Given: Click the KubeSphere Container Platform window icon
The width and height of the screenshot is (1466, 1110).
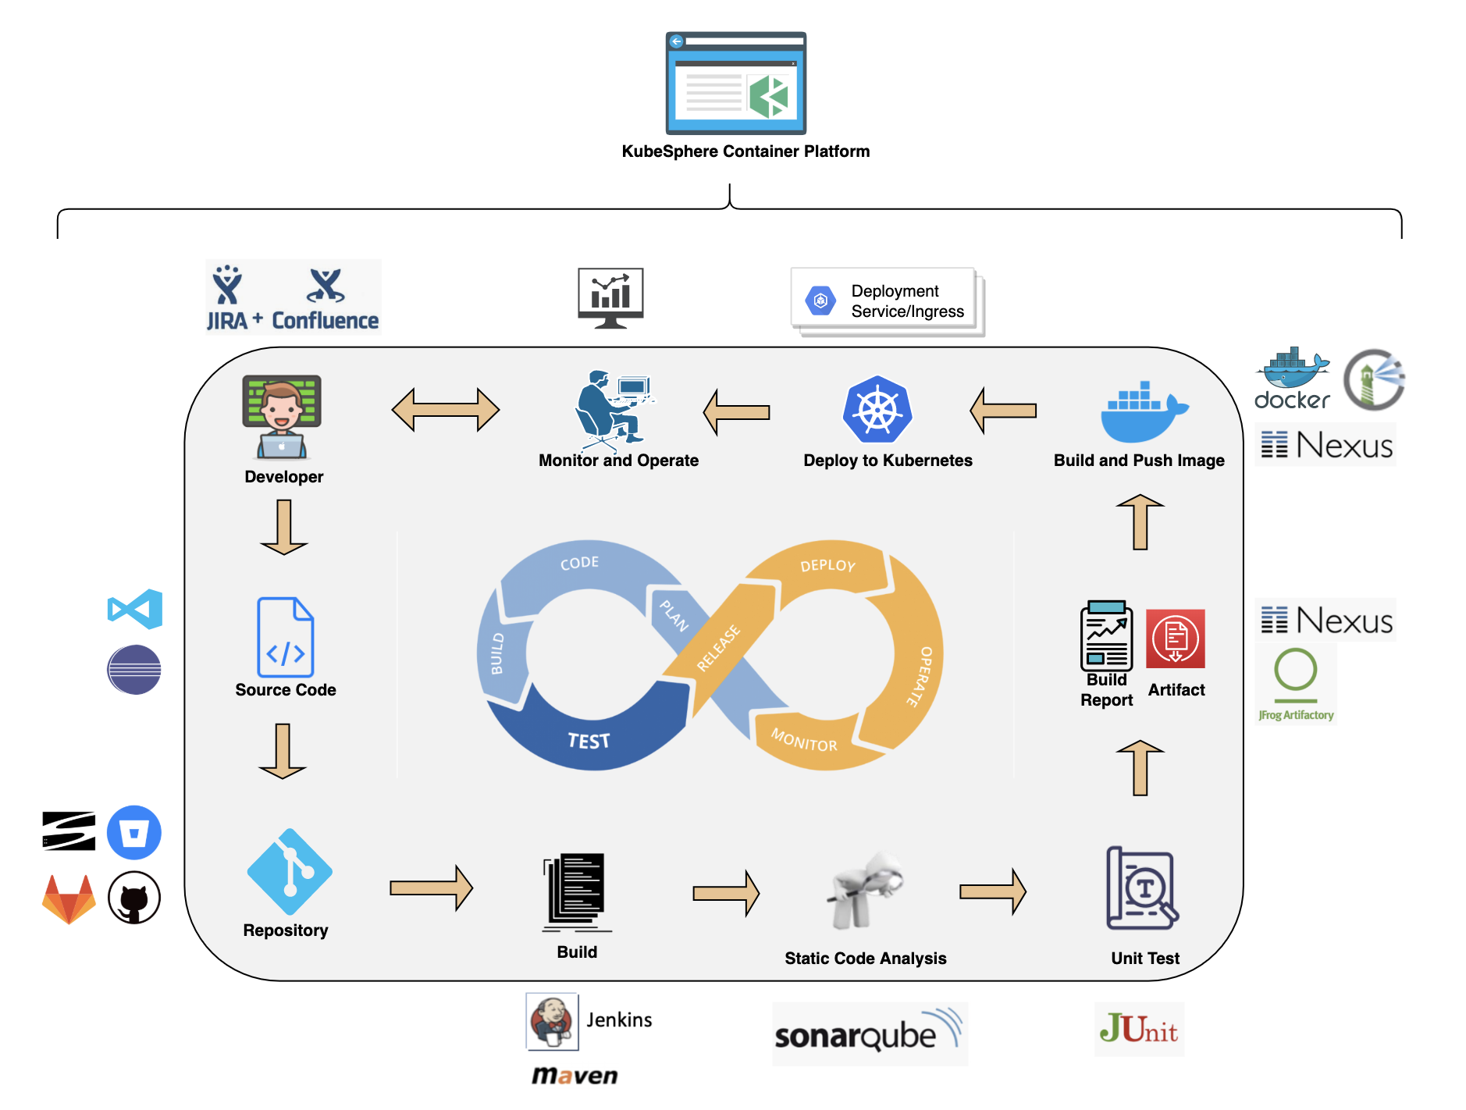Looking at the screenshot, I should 735,83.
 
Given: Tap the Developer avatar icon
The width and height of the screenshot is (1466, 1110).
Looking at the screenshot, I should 282,416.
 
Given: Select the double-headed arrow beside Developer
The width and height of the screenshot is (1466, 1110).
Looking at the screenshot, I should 445,410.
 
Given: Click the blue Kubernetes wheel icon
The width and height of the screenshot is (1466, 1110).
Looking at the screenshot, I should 877,410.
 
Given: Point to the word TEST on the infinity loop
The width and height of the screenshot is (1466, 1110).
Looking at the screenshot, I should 589,741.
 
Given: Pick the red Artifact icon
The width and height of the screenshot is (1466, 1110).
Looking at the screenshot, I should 1175,639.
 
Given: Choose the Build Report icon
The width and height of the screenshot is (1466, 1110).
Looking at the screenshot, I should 1106,635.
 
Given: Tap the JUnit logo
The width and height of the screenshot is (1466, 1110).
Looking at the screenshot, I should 1139,1029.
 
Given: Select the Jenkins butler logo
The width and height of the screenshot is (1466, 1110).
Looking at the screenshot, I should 552,1021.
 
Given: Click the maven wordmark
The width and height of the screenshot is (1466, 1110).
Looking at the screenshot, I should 575,1076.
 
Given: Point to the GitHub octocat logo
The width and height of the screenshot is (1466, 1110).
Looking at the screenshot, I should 134,898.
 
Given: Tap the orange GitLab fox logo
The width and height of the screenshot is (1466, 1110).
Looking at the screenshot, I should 69,898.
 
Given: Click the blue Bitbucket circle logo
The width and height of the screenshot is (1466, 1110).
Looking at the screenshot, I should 134,832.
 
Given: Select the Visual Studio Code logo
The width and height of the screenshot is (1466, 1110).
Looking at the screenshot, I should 135,609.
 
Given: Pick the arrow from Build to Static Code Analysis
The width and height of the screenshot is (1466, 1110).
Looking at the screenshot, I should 725,891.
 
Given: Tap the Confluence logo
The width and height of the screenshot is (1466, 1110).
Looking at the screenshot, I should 325,300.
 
